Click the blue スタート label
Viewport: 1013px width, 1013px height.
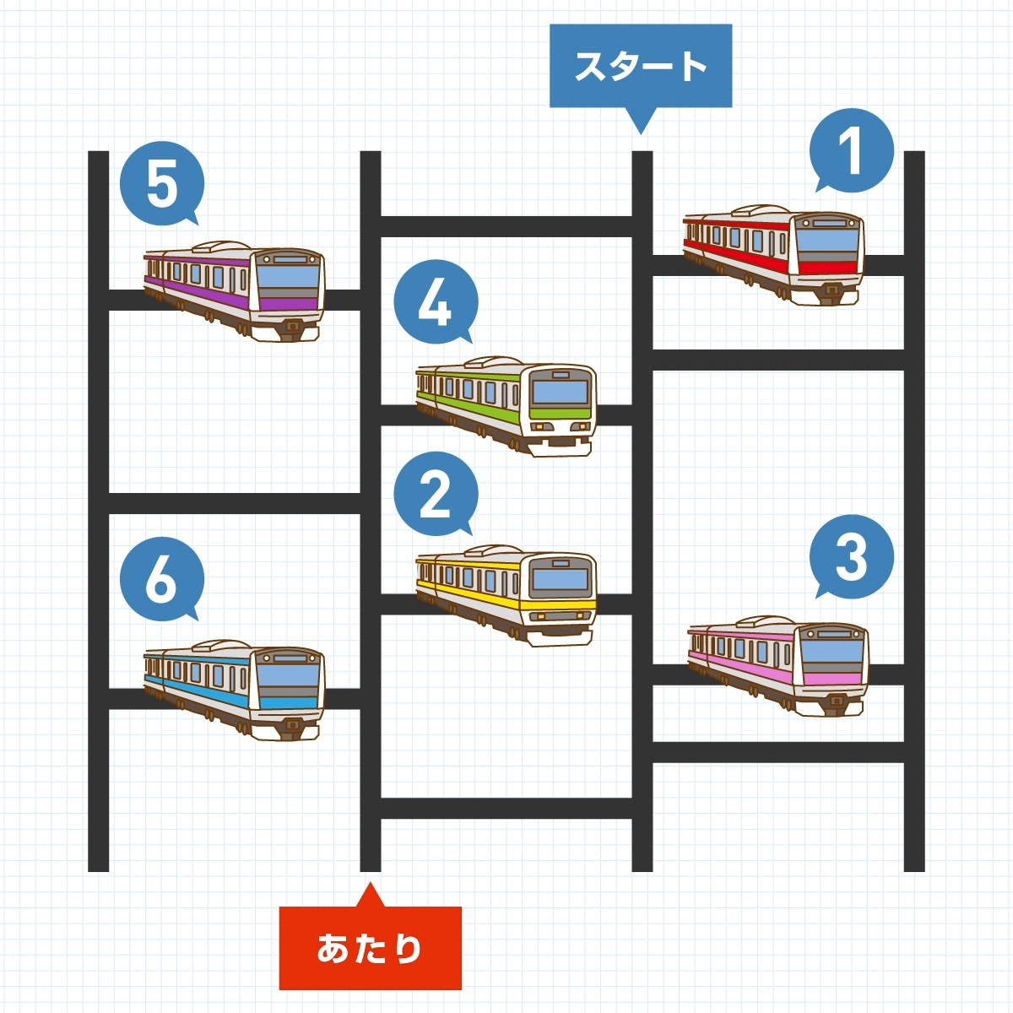pos(640,66)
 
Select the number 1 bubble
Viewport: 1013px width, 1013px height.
pos(851,150)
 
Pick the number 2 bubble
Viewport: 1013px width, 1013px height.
pos(436,493)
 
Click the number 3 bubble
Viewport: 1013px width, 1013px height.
pos(851,556)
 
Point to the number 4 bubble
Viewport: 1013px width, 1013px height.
pos(436,302)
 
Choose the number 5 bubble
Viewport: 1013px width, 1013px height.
pos(162,183)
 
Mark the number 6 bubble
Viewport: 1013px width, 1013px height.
pos(162,579)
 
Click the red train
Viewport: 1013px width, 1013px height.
pos(773,254)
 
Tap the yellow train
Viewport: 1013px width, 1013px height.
pos(506,595)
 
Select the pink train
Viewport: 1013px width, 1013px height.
pos(778,665)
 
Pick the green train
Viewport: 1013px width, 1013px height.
pos(506,406)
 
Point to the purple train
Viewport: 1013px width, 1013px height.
pos(235,291)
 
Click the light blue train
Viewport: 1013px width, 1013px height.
pos(235,690)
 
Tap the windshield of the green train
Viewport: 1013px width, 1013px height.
pos(561,392)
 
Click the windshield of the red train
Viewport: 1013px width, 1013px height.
pos(827,241)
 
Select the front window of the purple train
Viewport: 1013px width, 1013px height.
pos(288,277)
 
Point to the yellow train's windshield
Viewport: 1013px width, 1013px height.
pos(561,580)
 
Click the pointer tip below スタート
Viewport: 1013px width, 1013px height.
pos(640,134)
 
